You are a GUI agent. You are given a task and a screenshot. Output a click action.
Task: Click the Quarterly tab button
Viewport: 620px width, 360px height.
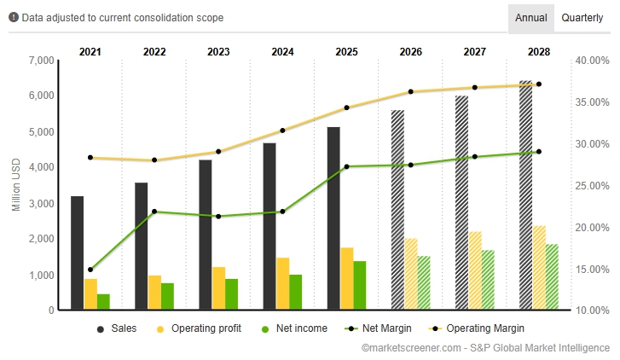[582, 17]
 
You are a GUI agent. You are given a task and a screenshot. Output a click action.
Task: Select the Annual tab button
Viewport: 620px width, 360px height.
[530, 17]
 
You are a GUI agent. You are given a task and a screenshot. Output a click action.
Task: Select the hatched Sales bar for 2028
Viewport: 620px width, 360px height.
[525, 195]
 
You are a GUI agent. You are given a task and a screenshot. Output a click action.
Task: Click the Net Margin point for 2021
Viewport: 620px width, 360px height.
[90, 270]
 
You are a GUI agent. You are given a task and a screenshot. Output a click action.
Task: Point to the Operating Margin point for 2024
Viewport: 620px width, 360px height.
[282, 131]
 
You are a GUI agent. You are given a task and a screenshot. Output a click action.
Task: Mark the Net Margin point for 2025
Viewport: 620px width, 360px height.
[346, 166]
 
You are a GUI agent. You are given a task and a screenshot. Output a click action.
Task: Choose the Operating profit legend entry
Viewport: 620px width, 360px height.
[199, 328]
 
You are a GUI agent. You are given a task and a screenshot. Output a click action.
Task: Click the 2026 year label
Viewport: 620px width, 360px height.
[410, 52]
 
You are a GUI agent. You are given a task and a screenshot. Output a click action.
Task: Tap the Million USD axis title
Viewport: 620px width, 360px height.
[15, 186]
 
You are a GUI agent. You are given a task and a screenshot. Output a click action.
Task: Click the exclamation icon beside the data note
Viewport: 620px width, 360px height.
[13, 17]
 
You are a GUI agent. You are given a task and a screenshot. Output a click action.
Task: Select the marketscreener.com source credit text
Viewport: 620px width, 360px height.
[485, 347]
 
